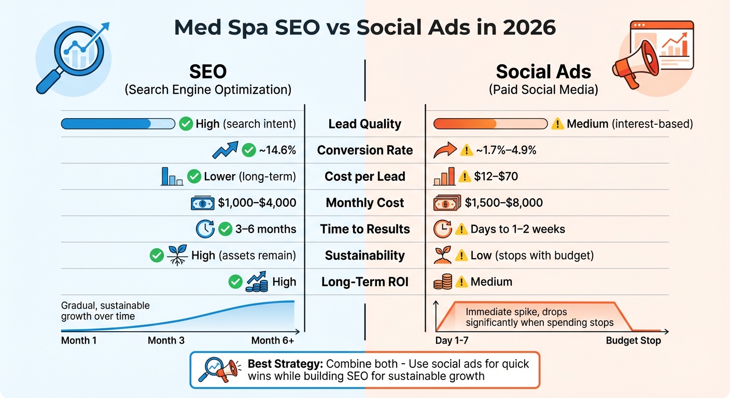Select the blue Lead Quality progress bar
click(118, 124)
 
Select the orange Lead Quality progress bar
click(490, 124)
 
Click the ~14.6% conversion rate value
click(277, 150)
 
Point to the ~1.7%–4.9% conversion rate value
click(507, 150)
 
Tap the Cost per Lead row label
click(365, 177)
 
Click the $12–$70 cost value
click(496, 177)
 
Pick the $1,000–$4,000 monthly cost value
click(257, 203)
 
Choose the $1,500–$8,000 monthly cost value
click(503, 203)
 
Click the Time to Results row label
click(365, 229)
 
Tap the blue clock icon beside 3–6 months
click(204, 229)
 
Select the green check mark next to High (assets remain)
click(157, 255)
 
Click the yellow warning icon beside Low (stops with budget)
click(461, 255)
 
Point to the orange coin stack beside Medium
click(442, 282)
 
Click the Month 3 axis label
click(166, 340)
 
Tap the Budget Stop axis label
click(633, 340)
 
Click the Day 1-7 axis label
click(452, 340)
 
